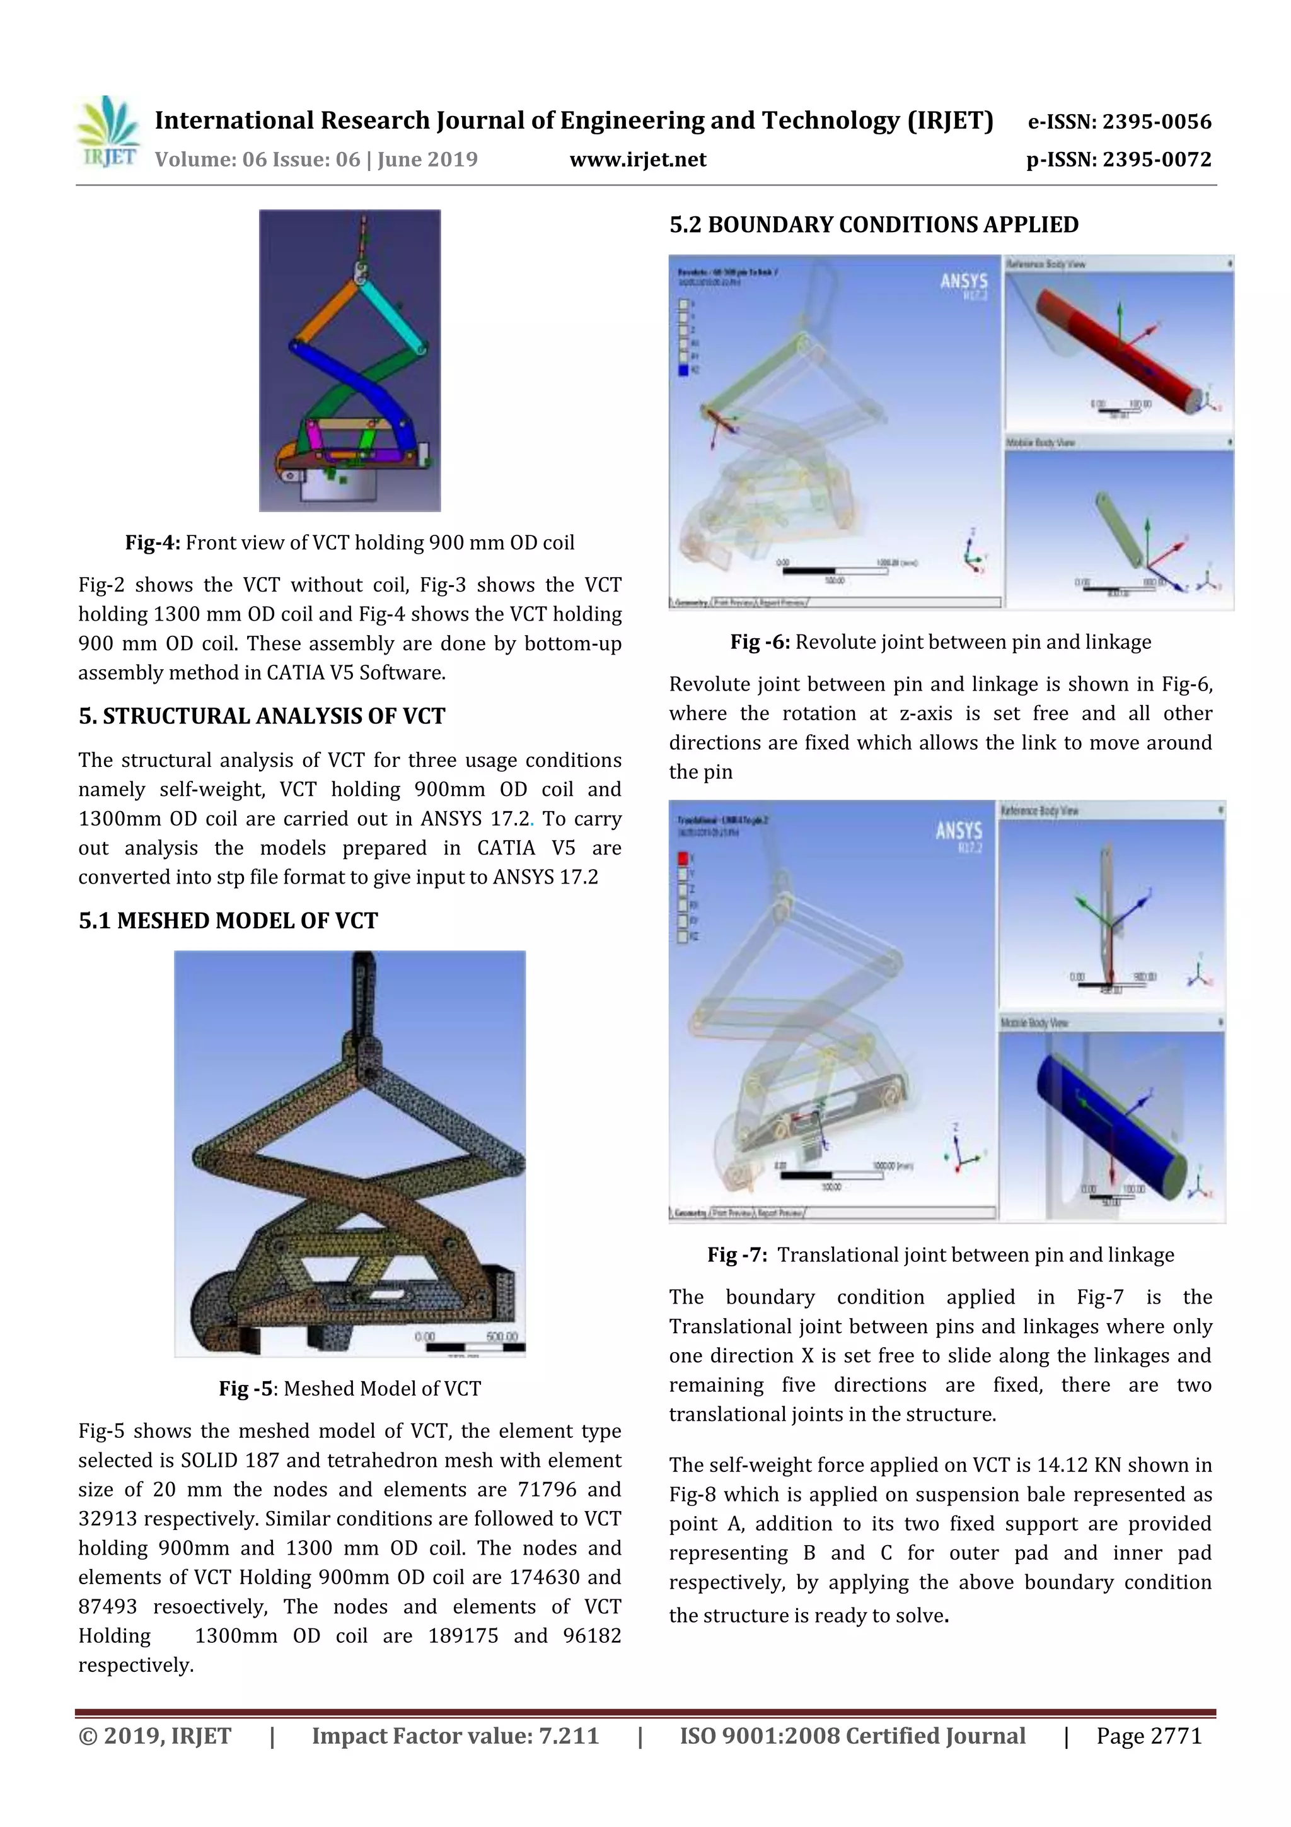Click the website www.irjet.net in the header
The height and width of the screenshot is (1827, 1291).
tap(637, 160)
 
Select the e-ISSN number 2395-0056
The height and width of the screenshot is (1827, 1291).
tap(1155, 122)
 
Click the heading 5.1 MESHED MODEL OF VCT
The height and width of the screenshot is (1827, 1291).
tap(228, 921)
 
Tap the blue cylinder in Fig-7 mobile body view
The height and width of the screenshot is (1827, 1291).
tap(1106, 1114)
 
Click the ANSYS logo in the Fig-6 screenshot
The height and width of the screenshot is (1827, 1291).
tap(963, 282)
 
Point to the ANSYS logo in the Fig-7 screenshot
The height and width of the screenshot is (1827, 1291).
tap(959, 832)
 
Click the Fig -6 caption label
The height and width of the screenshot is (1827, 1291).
tap(760, 642)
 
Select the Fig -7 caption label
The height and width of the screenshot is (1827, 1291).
tap(736, 1255)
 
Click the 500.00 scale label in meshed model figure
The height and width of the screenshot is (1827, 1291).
tap(501, 1336)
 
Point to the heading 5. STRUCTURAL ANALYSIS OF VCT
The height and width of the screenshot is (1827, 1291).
tap(262, 716)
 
